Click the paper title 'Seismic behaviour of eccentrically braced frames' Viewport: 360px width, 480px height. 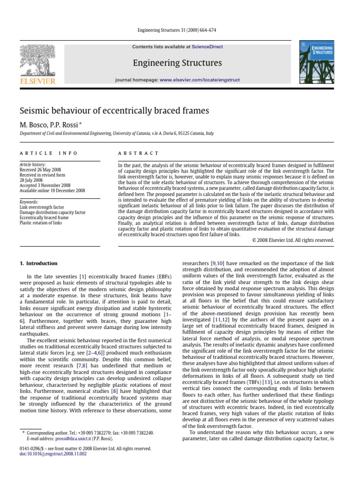pos(114,111)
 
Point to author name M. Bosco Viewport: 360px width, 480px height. pos(34,124)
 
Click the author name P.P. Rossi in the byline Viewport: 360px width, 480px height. pos(66,124)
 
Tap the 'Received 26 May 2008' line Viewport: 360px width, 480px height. pos(40,170)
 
